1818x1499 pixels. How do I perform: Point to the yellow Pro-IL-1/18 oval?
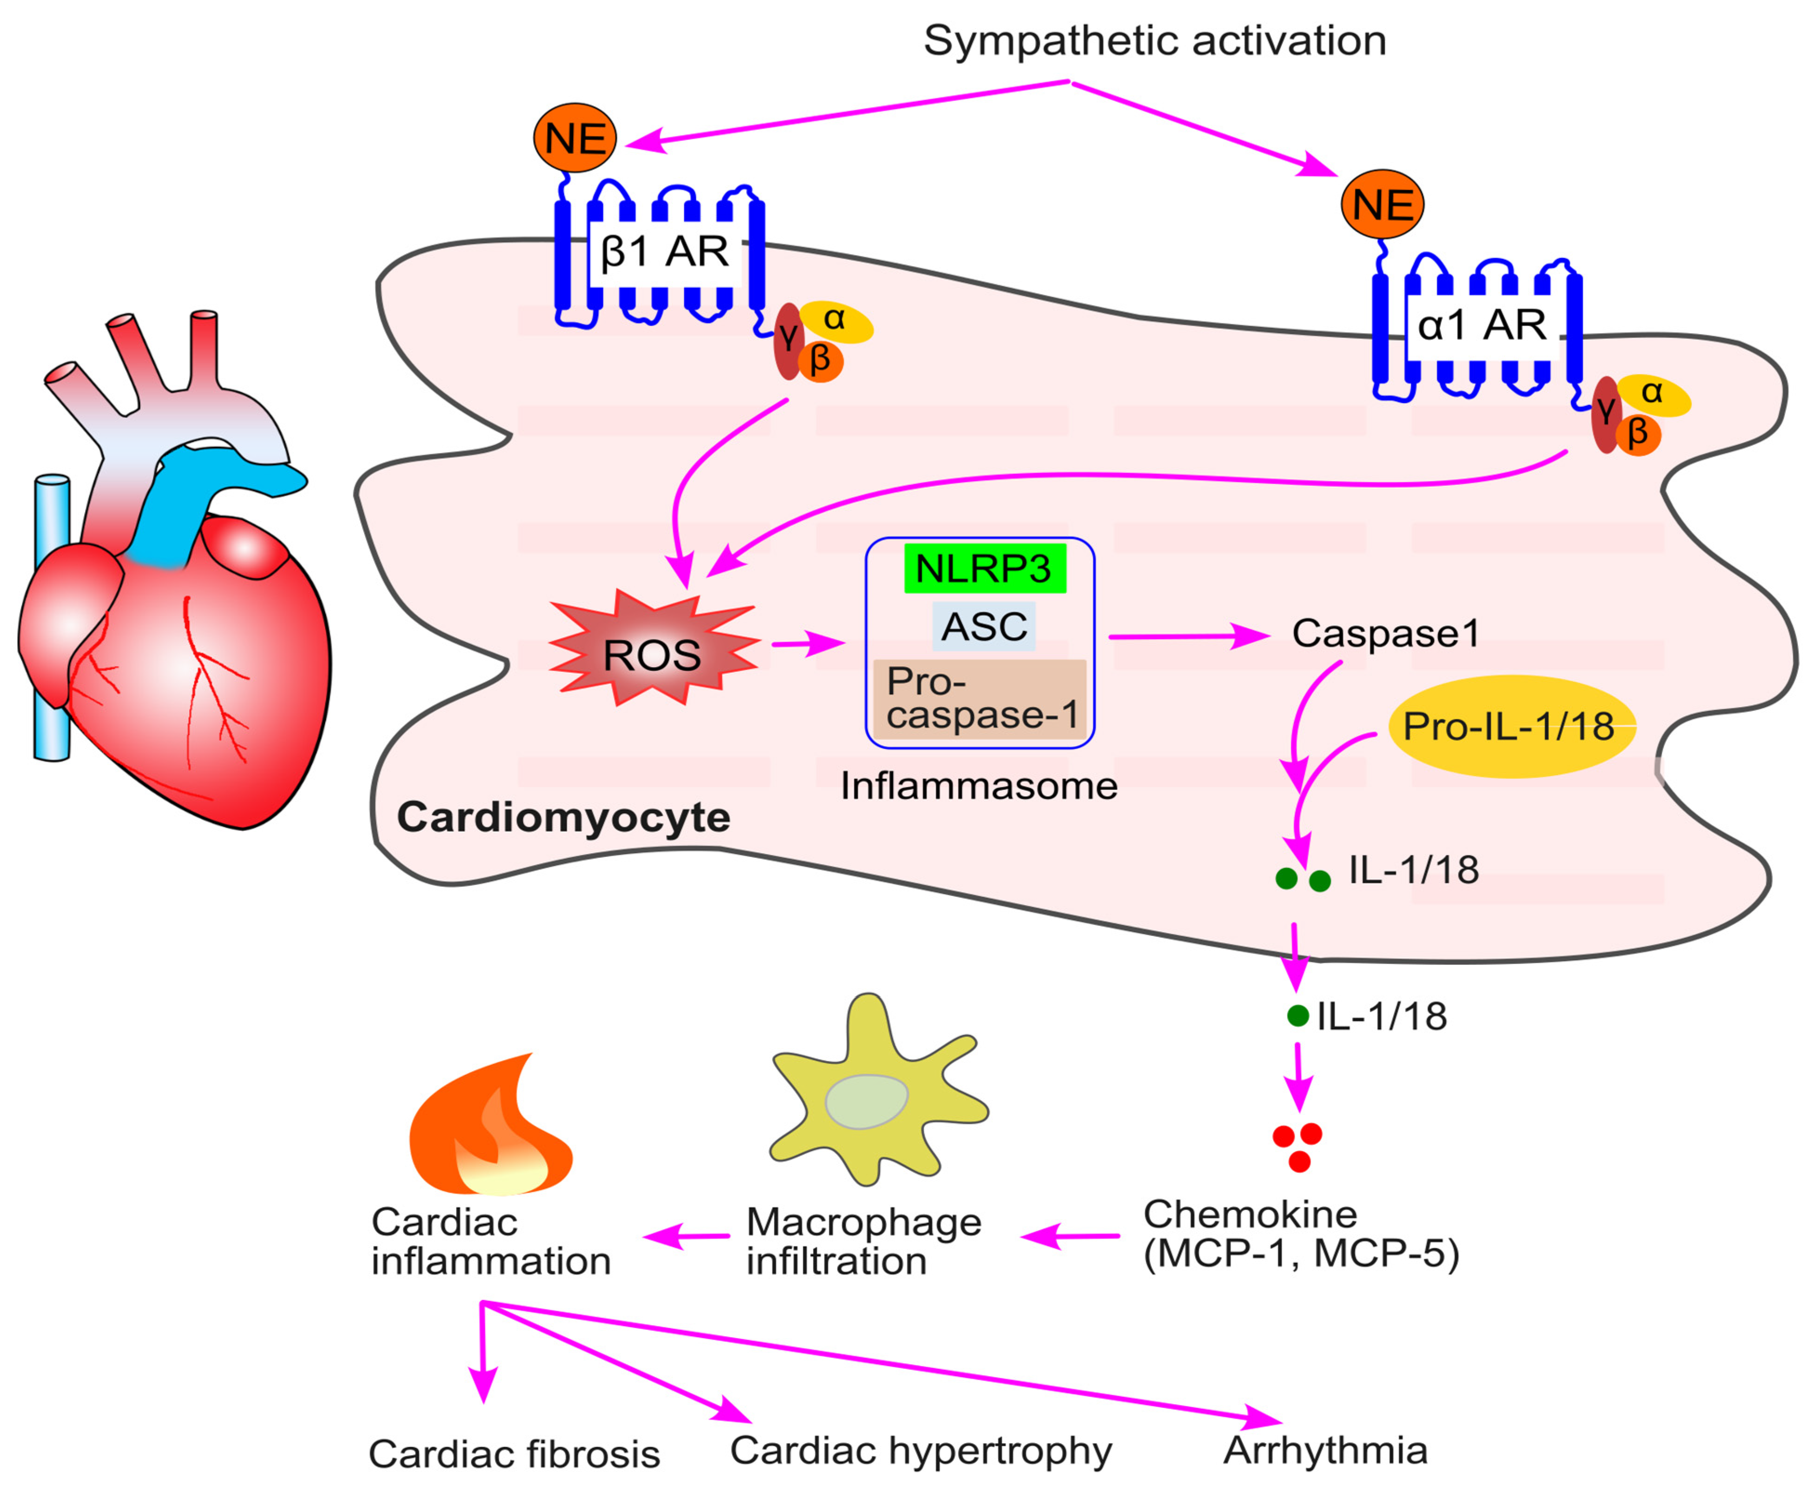[x=1511, y=726]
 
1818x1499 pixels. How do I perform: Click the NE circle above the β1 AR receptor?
[x=575, y=138]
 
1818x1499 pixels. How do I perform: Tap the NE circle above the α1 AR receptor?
[x=1382, y=205]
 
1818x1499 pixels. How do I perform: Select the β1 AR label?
[x=665, y=251]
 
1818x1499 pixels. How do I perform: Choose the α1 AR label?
[x=1483, y=325]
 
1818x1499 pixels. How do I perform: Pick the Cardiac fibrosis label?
[x=515, y=1454]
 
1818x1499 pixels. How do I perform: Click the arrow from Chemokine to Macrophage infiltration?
[x=1071, y=1236]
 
